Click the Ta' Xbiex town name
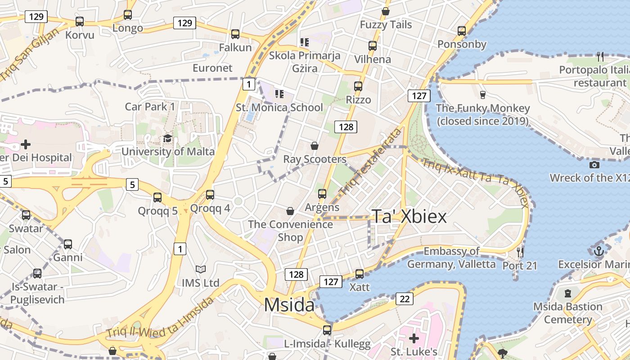pyautogui.click(x=409, y=217)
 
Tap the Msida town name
pyautogui.click(x=289, y=305)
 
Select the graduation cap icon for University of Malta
pyautogui.click(x=167, y=138)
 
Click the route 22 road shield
pyautogui.click(x=405, y=298)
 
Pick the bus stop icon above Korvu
pyautogui.click(x=80, y=21)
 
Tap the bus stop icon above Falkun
pyautogui.click(x=235, y=34)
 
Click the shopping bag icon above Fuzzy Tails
pyautogui.click(x=386, y=11)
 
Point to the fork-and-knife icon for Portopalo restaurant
pyautogui.click(x=600, y=56)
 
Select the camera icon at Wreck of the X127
pyautogui.click(x=594, y=165)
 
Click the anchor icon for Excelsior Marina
pyautogui.click(x=598, y=251)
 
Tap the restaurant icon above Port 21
pyautogui.click(x=520, y=252)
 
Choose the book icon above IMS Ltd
pyautogui.click(x=200, y=269)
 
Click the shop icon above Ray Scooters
pyautogui.click(x=315, y=146)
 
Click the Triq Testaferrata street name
pyautogui.click(x=370, y=162)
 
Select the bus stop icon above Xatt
pyautogui.click(x=359, y=274)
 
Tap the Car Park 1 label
pyautogui.click(x=150, y=107)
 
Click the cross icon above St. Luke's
pyautogui.click(x=414, y=338)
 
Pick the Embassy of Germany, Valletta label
pyautogui.click(x=451, y=257)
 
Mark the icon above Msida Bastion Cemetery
pyautogui.click(x=568, y=293)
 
